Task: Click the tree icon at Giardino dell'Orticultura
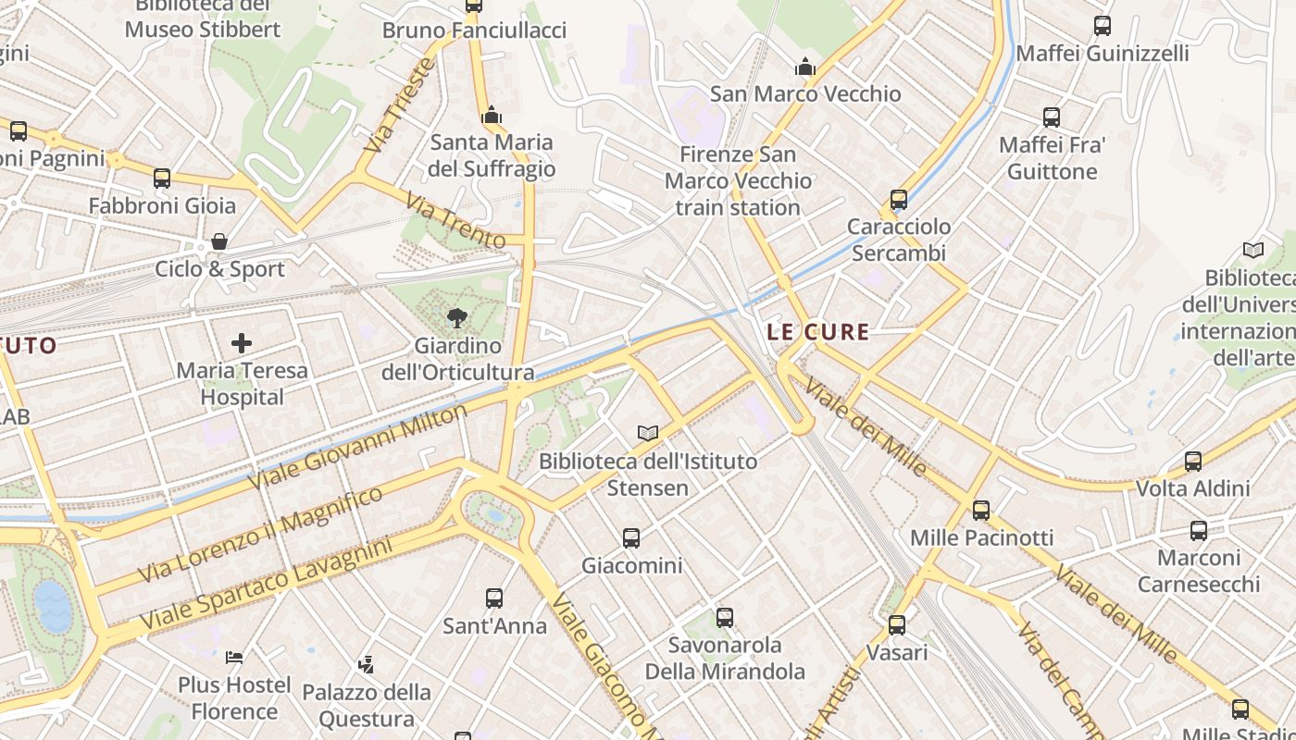coord(456,319)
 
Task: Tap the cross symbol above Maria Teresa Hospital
coord(242,344)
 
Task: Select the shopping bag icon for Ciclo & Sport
coord(219,242)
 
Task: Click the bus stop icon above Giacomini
coord(631,537)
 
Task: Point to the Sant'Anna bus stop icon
coord(494,598)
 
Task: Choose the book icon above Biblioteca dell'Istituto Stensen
coord(648,433)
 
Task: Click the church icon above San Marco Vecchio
coord(804,67)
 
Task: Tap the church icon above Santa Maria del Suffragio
coord(492,116)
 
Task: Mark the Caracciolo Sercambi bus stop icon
coord(898,200)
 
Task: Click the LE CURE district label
coord(818,332)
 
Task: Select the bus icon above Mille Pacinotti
coord(981,510)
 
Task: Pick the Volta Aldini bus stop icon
coord(1193,461)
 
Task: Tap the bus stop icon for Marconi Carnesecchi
coord(1199,531)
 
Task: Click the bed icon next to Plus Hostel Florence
coord(234,658)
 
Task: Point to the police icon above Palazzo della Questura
coord(367,664)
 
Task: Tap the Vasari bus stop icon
coord(897,625)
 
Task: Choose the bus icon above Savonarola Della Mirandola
coord(725,617)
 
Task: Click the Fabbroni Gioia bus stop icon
coord(162,179)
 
